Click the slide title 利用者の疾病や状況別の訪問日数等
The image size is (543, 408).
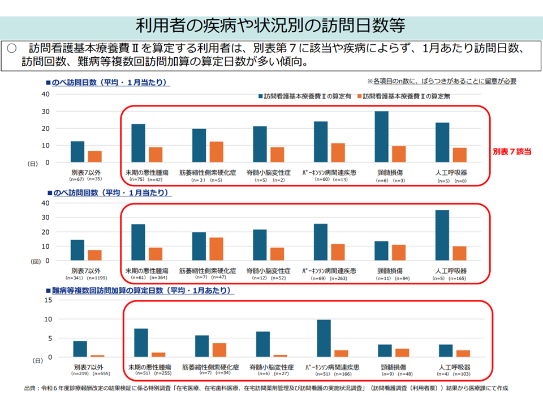tap(271, 26)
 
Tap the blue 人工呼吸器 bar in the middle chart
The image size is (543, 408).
tap(442, 235)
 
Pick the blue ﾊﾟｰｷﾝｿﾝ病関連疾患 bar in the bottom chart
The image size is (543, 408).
tap(324, 338)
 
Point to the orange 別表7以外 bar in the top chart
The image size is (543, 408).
tap(95, 156)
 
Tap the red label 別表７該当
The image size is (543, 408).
tap(512, 152)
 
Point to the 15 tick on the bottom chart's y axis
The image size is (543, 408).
tap(48, 300)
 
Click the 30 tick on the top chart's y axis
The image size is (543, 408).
tap(45, 111)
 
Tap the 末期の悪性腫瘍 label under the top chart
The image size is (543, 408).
tap(146, 173)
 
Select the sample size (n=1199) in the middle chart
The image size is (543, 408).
tap(98, 278)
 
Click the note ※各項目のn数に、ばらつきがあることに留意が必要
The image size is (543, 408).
tap(441, 81)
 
